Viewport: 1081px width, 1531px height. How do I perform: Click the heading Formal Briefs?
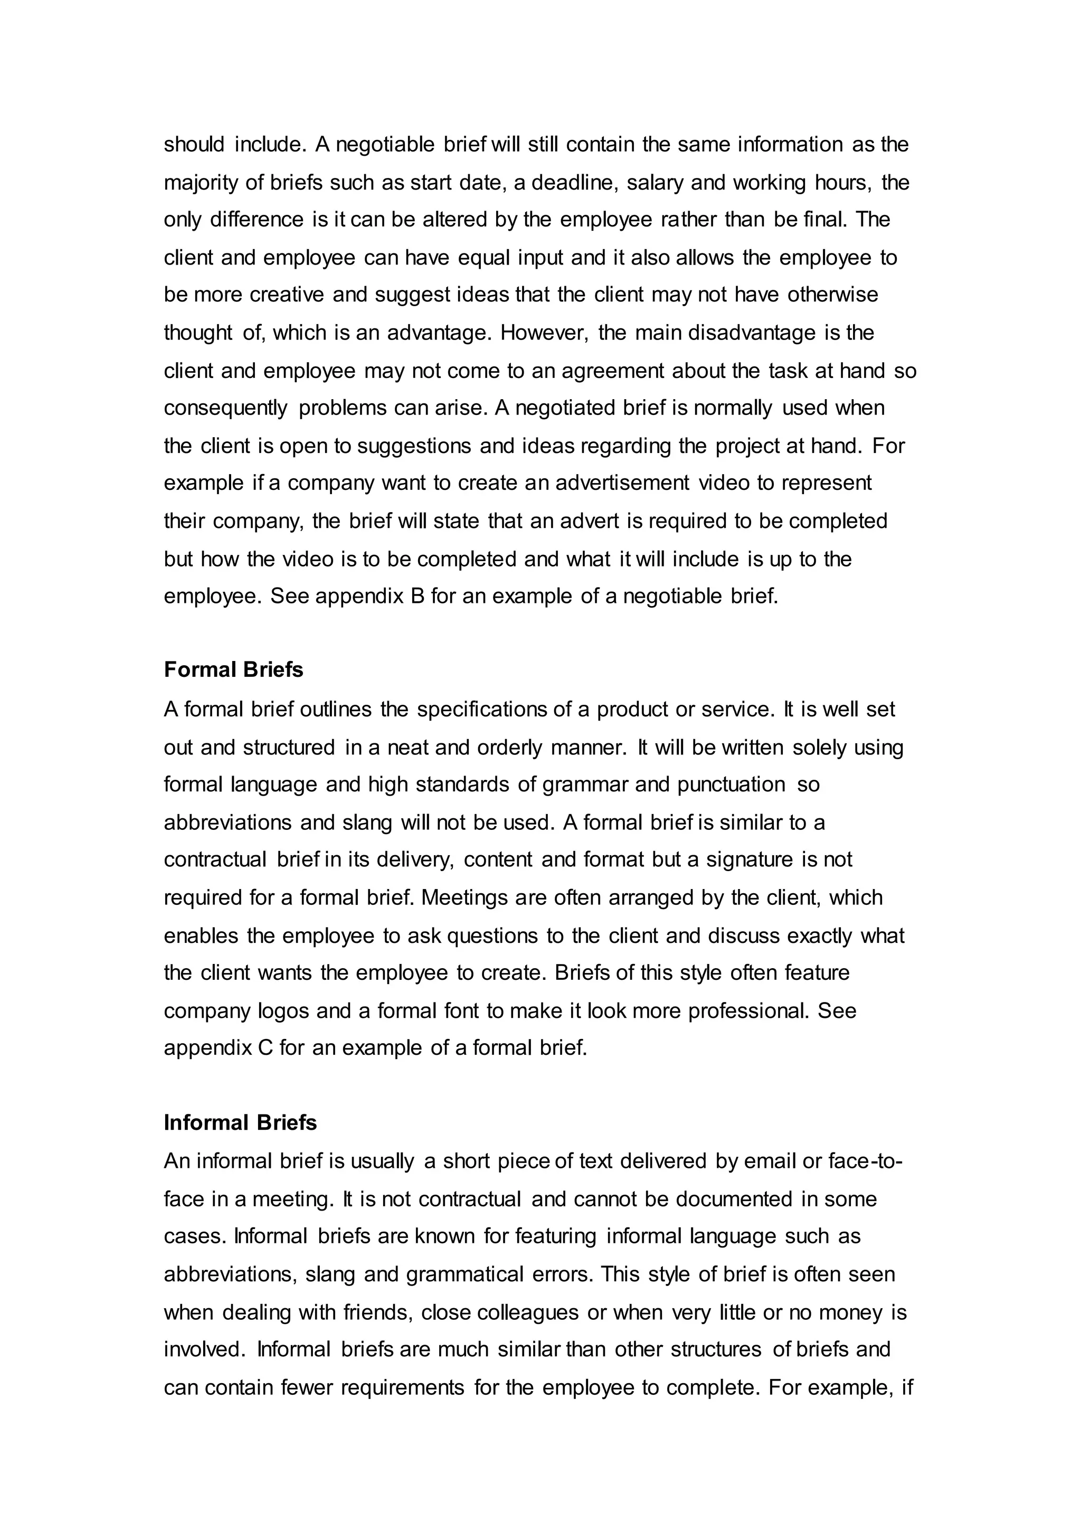(233, 669)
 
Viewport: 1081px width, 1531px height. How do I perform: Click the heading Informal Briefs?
(240, 1123)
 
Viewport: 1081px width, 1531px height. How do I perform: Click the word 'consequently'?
(225, 408)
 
